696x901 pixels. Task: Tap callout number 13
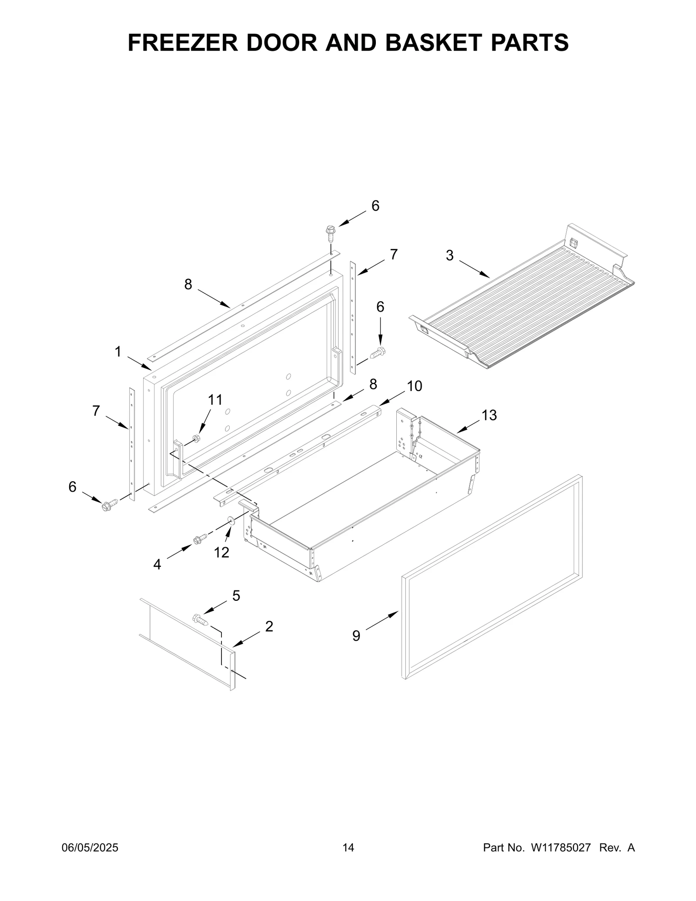489,415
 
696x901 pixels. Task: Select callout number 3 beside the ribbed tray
450,256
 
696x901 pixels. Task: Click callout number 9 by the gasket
356,636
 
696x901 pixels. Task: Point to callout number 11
215,399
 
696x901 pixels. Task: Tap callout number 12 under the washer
221,552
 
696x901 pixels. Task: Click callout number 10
415,386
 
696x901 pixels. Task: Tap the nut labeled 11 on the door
196,438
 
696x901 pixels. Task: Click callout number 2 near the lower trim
269,626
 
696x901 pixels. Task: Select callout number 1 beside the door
118,352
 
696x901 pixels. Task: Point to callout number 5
236,596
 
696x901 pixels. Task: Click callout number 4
157,565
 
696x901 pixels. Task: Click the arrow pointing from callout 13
468,426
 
